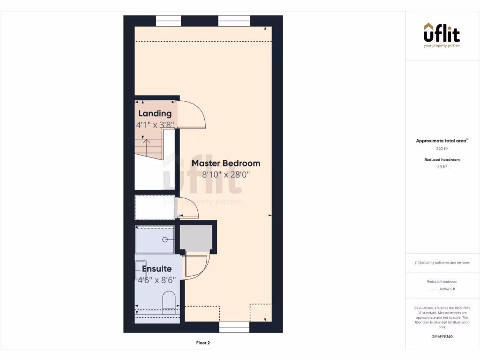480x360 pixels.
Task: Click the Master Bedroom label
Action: tap(225, 164)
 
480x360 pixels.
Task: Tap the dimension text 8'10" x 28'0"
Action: tap(225, 175)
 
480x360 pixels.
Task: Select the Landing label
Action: tap(155, 113)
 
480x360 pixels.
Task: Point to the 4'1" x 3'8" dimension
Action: tap(155, 125)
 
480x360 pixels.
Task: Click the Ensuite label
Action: tap(157, 269)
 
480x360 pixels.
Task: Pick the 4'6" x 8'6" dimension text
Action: tap(157, 280)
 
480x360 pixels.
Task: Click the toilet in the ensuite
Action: tap(169, 302)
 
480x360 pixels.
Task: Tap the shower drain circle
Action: tap(165, 240)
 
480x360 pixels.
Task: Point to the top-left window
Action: tap(168, 21)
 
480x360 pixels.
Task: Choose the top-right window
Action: tap(234, 21)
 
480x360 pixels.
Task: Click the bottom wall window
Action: tap(234, 327)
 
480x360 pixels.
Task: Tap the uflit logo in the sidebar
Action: tap(442, 35)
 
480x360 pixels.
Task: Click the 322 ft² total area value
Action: tap(442, 149)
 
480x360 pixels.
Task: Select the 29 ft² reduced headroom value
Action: tap(442, 166)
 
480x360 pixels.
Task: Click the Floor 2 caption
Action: tap(203, 343)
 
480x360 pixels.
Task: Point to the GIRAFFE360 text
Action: tap(442, 337)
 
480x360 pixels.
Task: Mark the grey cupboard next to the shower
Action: tap(196, 238)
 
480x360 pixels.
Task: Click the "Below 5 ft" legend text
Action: tap(448, 290)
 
